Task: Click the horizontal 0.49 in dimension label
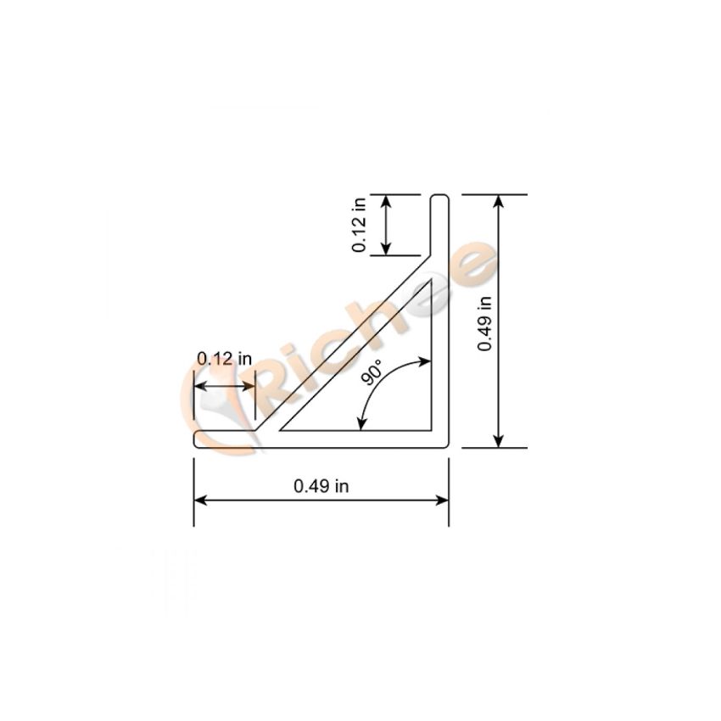click(321, 486)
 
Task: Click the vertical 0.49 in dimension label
click(484, 324)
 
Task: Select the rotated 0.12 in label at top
click(359, 225)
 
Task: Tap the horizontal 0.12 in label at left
click(225, 358)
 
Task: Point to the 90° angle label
click(372, 372)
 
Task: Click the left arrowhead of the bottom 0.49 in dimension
click(200, 500)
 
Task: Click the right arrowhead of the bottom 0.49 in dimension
click(442, 500)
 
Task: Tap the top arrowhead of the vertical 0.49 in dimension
click(499, 201)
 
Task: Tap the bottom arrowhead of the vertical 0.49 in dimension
click(499, 441)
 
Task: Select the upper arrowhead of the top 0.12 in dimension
click(386, 201)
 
